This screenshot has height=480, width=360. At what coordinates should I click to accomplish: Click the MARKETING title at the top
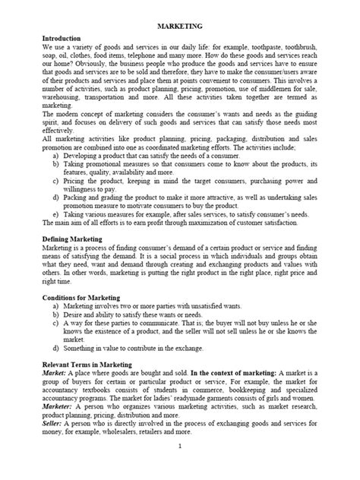pyautogui.click(x=179, y=25)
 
